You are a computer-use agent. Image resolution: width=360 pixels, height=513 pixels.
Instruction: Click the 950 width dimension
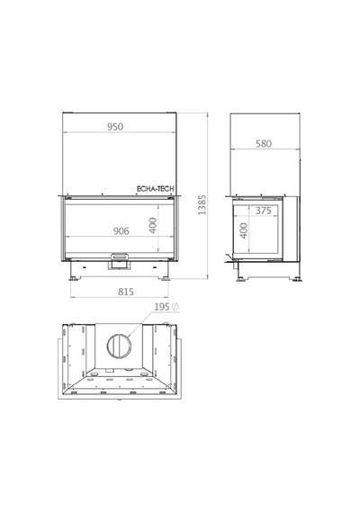pyautogui.click(x=115, y=127)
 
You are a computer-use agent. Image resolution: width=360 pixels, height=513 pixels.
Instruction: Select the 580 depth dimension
pyautogui.click(x=264, y=144)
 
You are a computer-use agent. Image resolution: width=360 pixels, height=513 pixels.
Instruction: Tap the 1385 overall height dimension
pyautogui.click(x=202, y=205)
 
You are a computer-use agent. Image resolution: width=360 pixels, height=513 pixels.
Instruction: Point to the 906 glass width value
pyautogui.click(x=121, y=231)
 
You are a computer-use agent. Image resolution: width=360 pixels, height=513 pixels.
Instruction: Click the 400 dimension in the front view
pyautogui.click(x=153, y=225)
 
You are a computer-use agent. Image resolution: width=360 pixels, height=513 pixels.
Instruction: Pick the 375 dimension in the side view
pyautogui.click(x=264, y=211)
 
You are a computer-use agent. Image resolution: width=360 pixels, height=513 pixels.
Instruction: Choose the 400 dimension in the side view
pyautogui.click(x=244, y=230)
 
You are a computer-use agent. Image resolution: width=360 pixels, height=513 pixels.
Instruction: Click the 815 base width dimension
pyautogui.click(x=126, y=292)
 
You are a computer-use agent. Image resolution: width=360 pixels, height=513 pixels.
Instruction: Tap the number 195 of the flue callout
pyautogui.click(x=162, y=307)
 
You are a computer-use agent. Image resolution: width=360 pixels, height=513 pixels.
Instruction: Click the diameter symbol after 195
pyautogui.click(x=175, y=307)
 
